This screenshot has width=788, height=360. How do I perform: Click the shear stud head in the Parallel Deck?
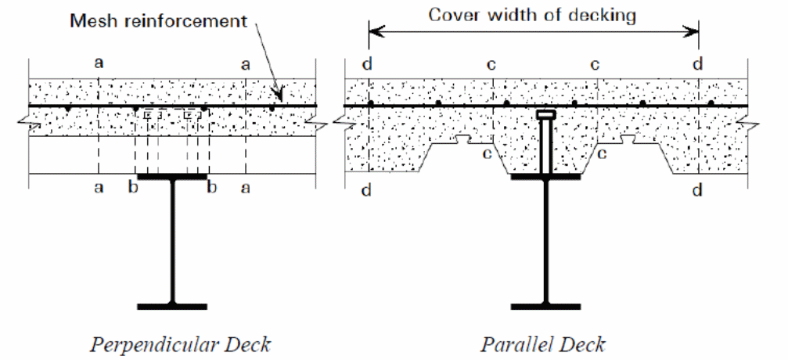pos(546,115)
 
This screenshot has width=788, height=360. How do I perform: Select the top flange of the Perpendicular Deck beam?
pos(172,178)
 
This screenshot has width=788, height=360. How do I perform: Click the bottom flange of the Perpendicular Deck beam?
pos(172,305)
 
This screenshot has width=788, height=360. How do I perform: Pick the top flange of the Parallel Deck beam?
pos(545,178)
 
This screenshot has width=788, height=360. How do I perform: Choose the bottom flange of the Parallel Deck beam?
pos(545,305)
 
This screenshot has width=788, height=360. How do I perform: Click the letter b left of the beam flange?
pos(133,188)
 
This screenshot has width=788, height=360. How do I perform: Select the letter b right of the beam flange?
pos(210,188)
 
